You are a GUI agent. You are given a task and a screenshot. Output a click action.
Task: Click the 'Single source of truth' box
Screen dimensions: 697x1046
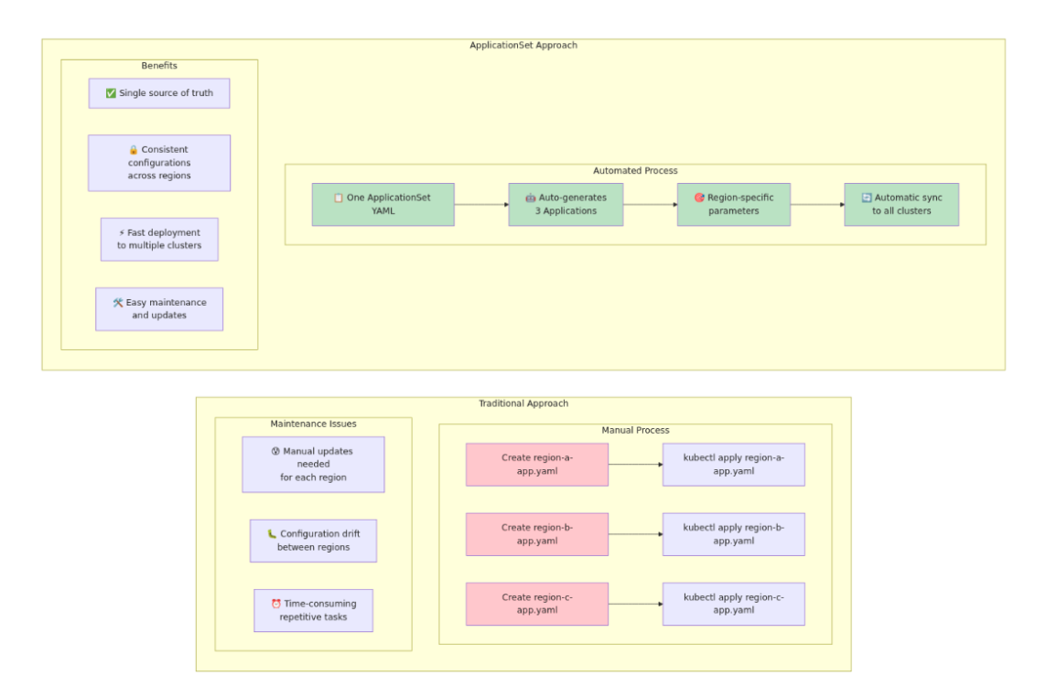[x=158, y=93]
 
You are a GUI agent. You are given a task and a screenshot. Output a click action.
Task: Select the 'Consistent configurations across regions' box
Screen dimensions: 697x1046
[x=158, y=163]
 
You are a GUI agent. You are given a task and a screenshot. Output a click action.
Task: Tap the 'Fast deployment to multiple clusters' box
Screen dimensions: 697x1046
[x=158, y=239]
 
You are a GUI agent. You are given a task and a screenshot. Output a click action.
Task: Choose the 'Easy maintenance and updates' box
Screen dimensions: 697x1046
[x=158, y=309]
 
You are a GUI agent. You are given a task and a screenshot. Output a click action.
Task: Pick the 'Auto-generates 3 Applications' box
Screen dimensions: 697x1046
[x=566, y=204]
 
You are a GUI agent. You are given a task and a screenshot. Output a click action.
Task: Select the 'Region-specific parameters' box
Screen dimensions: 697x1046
[x=733, y=204]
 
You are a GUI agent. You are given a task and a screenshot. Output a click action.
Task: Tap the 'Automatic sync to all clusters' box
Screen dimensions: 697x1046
[x=900, y=204]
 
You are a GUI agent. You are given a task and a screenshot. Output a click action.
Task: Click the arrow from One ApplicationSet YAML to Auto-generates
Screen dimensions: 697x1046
[x=481, y=205]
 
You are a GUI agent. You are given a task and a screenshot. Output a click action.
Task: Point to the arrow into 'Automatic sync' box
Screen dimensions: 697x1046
[x=817, y=205]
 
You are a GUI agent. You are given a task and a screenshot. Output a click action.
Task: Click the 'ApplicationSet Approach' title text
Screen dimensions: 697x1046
[x=523, y=45]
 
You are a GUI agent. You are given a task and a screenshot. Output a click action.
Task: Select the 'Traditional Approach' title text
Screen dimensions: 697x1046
[x=523, y=403]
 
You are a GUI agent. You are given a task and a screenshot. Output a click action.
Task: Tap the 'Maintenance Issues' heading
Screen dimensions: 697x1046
[x=313, y=424]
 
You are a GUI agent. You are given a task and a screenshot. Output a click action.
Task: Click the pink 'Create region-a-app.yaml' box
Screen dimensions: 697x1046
[x=536, y=465]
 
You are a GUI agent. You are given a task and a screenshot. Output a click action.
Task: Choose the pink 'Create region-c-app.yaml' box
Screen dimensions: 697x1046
[x=536, y=604]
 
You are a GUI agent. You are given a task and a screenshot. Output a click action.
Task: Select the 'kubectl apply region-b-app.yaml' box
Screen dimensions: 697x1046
[x=733, y=534]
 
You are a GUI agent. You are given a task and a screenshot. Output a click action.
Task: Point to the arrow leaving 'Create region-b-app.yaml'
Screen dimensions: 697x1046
[x=635, y=534]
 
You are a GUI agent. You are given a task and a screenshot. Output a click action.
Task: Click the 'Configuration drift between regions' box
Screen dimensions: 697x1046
[x=313, y=541]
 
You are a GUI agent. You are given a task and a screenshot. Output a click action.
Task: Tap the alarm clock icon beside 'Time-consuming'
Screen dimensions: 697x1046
[x=275, y=604]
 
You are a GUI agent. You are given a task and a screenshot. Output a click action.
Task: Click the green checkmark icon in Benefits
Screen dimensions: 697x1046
[x=111, y=93]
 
